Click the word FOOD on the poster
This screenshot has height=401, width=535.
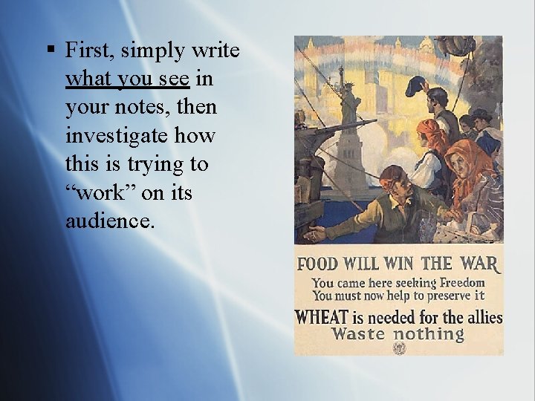(317, 264)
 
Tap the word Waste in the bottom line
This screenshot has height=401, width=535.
(358, 334)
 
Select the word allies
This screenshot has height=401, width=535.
(484, 317)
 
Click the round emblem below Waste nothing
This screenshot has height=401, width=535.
(399, 348)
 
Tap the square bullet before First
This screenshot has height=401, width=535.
(50, 51)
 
